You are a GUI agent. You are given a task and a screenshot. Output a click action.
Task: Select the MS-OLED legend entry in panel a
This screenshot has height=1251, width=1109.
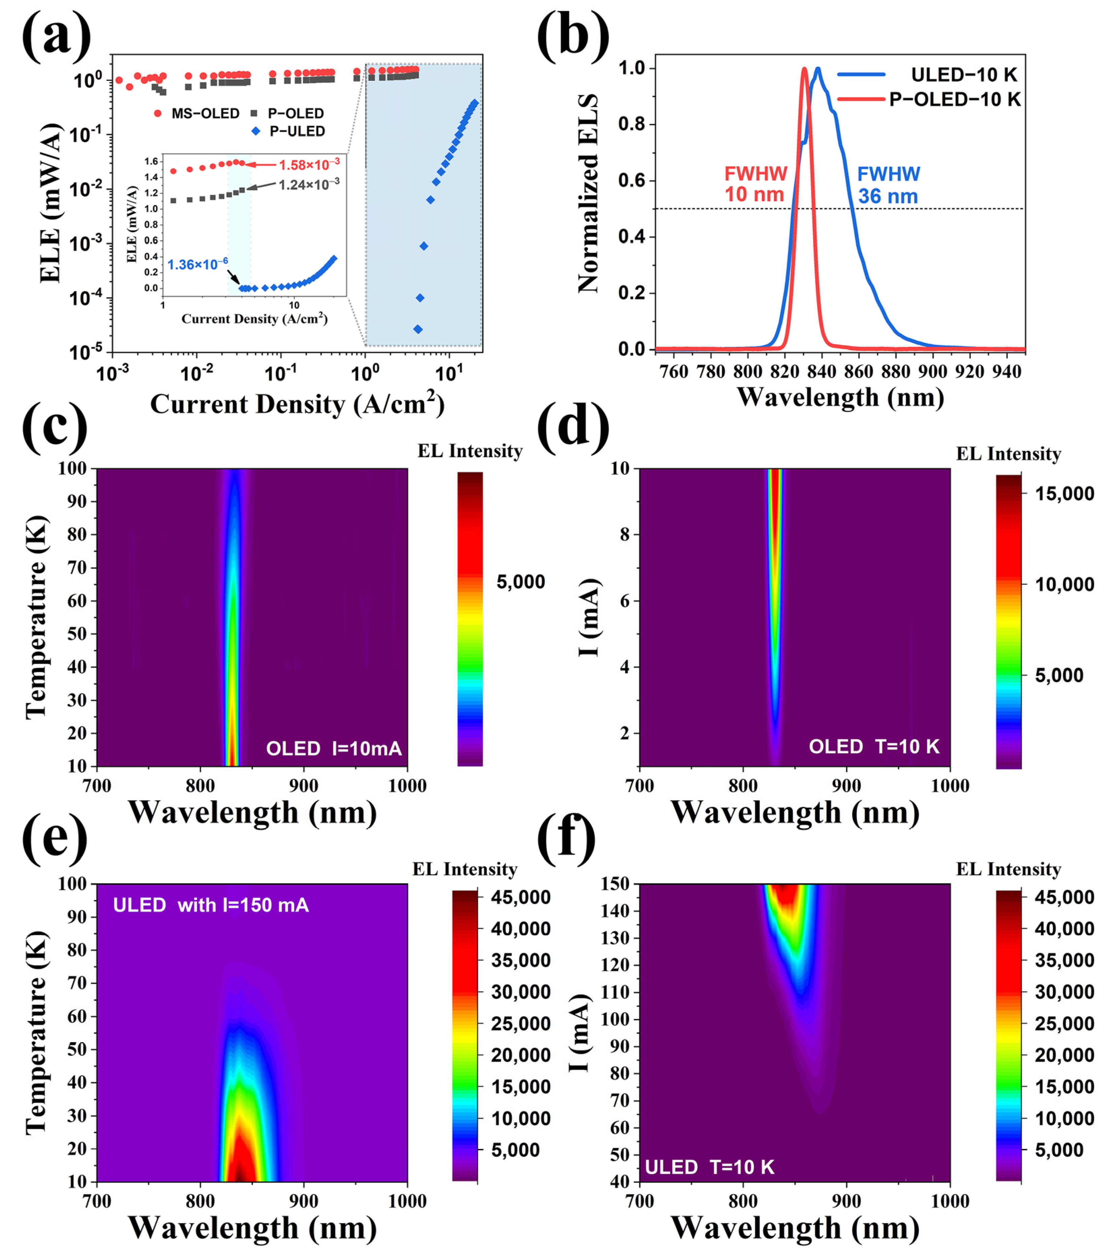tap(197, 113)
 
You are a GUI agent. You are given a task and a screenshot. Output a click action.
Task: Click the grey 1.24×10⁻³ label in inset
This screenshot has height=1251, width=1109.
tap(309, 184)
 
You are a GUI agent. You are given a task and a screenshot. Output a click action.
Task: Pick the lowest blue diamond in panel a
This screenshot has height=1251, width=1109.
tap(418, 329)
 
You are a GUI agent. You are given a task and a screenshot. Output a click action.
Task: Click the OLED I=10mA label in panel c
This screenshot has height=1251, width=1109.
tap(334, 748)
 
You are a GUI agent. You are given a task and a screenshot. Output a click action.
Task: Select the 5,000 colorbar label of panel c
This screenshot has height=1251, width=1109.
tap(521, 581)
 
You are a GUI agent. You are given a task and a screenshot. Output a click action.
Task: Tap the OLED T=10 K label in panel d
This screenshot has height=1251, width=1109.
tap(874, 747)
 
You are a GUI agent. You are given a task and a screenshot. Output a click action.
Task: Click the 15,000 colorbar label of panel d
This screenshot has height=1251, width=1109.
tap(1064, 494)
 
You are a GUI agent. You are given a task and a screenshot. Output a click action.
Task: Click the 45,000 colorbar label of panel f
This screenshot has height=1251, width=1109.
tap(1064, 897)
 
